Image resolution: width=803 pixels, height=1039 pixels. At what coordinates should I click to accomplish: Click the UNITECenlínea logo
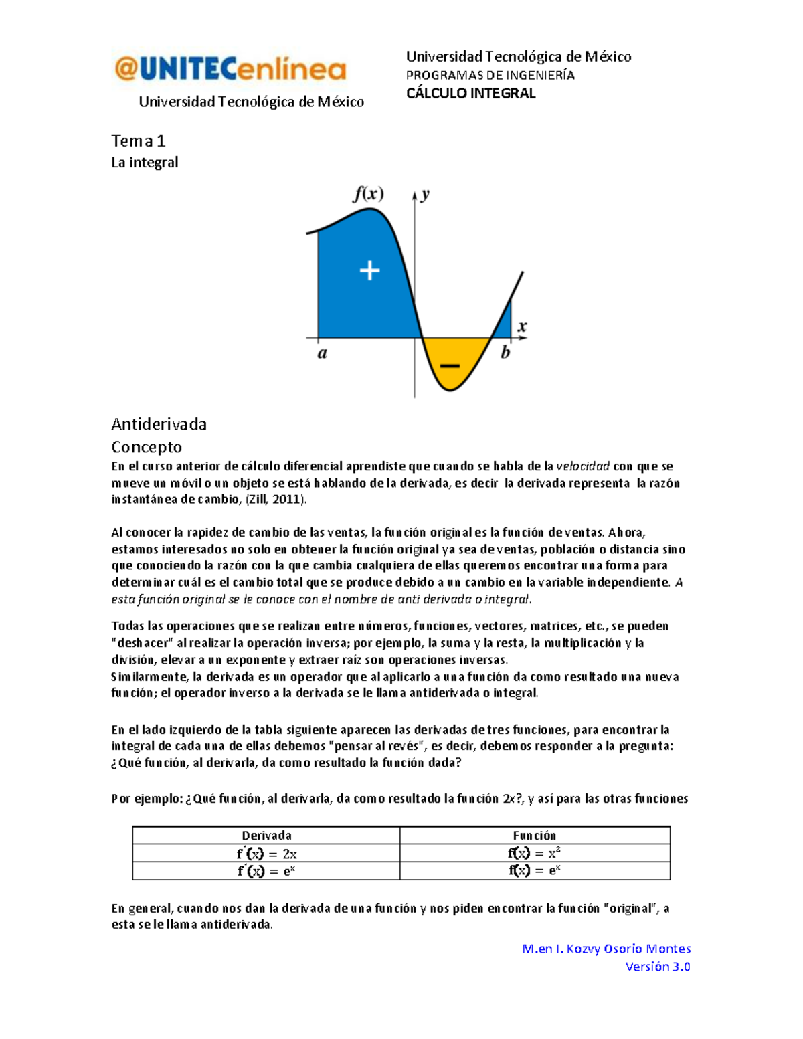tap(231, 69)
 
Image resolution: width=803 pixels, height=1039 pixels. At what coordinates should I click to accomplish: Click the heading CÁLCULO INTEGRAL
tap(470, 94)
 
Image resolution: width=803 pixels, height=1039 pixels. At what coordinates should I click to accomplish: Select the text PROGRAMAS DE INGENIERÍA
tap(490, 75)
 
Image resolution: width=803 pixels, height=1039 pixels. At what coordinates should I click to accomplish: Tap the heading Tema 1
tap(138, 141)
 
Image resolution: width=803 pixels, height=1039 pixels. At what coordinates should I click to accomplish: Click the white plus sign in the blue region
tap(369, 271)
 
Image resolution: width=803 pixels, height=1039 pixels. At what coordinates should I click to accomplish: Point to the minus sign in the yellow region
tap(450, 366)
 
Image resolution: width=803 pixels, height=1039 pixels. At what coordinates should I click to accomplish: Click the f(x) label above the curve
tap(368, 194)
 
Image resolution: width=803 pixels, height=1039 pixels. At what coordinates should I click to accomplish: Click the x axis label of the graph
tap(522, 326)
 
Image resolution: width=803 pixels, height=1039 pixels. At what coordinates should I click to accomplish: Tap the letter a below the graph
tap(322, 353)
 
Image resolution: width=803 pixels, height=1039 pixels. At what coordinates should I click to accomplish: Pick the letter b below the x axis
tap(505, 353)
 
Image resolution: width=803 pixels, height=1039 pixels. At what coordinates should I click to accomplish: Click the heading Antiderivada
tap(159, 424)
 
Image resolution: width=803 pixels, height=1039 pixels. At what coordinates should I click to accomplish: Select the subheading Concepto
tap(147, 447)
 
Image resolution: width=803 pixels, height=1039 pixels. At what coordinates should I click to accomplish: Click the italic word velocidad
tap(583, 466)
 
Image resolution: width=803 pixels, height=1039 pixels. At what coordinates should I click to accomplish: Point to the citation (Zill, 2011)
tap(276, 500)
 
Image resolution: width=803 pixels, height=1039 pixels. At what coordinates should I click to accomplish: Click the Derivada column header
tap(266, 835)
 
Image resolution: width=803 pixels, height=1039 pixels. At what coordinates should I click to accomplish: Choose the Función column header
tap(534, 835)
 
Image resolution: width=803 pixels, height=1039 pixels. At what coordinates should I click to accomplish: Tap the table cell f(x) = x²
tap(534, 853)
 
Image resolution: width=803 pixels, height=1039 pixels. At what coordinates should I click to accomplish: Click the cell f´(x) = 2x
tap(266, 854)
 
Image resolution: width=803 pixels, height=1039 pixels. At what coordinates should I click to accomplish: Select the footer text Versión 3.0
tap(657, 967)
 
